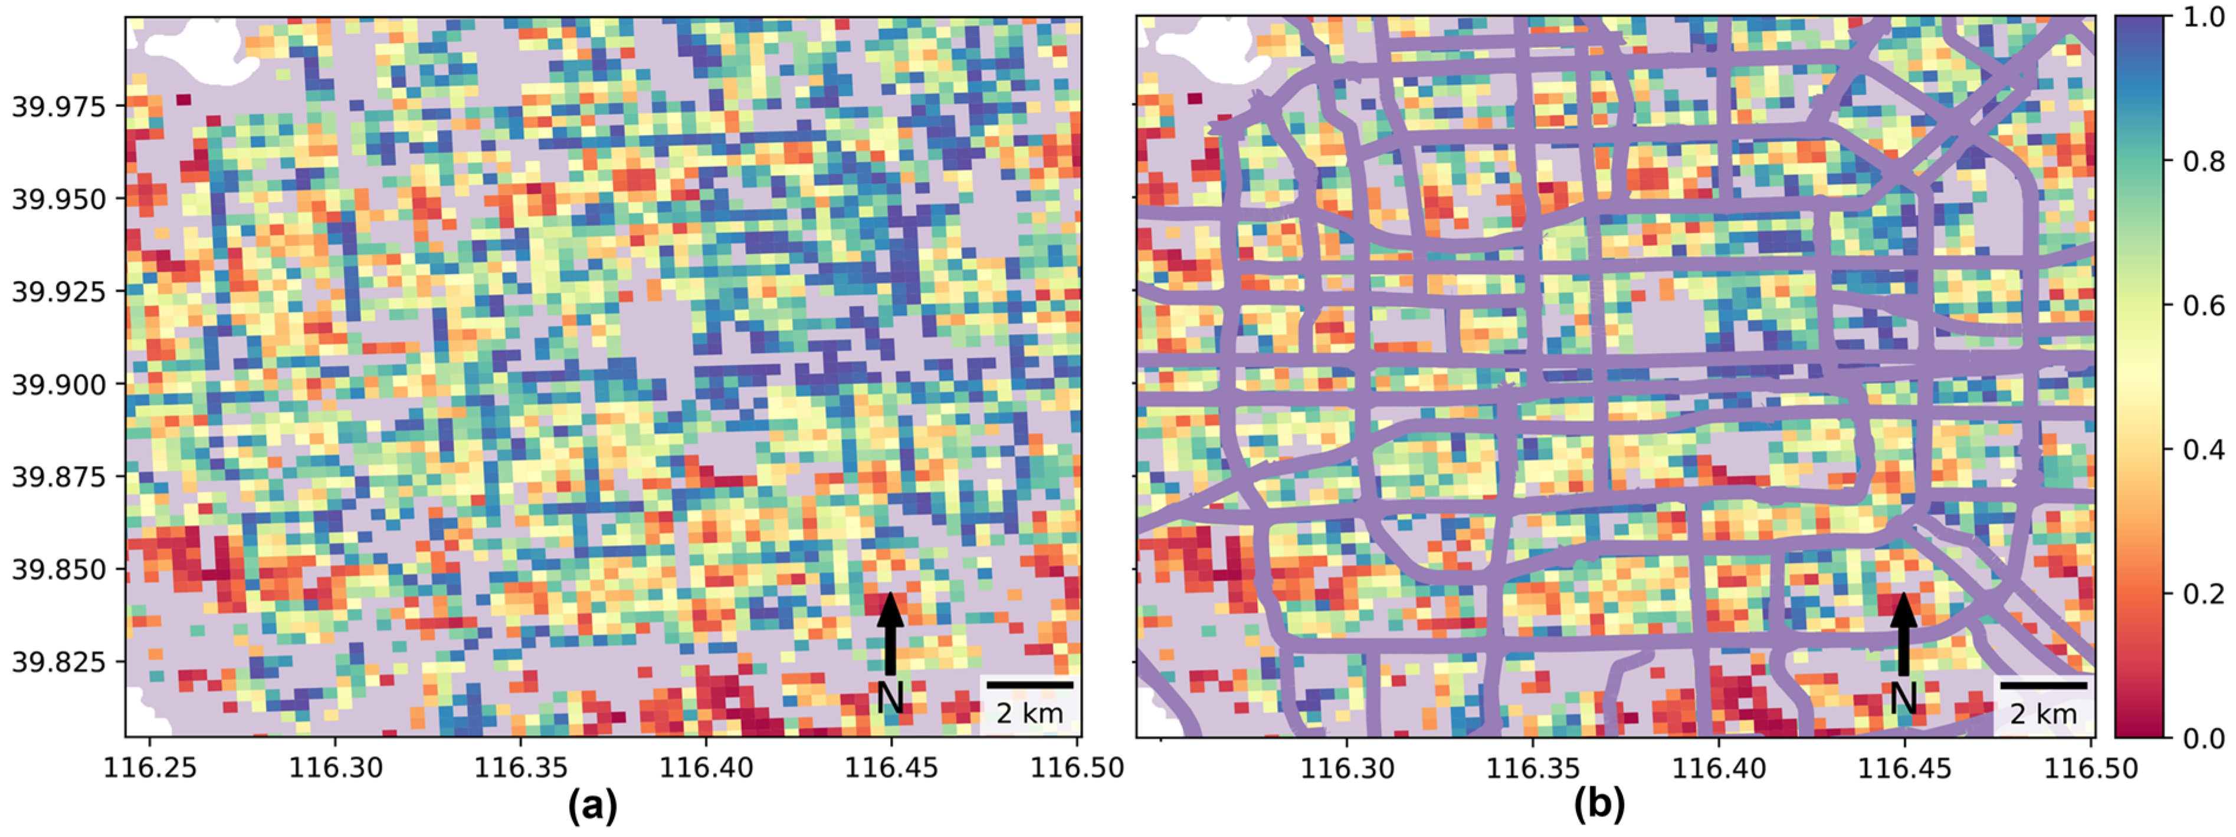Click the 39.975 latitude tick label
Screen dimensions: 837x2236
tap(58, 107)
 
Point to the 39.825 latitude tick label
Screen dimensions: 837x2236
tap(58, 663)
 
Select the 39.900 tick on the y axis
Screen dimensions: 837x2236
tap(58, 384)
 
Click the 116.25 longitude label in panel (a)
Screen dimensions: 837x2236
tap(150, 767)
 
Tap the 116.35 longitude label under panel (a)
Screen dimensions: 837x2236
tap(521, 767)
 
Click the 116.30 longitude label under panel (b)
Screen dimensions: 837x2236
tap(1347, 767)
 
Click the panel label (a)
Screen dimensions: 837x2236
tap(593, 806)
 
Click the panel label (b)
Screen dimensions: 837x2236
tap(1599, 806)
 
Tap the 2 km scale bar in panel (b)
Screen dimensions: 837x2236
tap(2043, 685)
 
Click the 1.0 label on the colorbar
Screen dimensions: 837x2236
tap(2204, 17)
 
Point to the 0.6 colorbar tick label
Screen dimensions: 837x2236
tap(2204, 306)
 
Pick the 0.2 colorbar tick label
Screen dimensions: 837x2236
tap(2204, 595)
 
